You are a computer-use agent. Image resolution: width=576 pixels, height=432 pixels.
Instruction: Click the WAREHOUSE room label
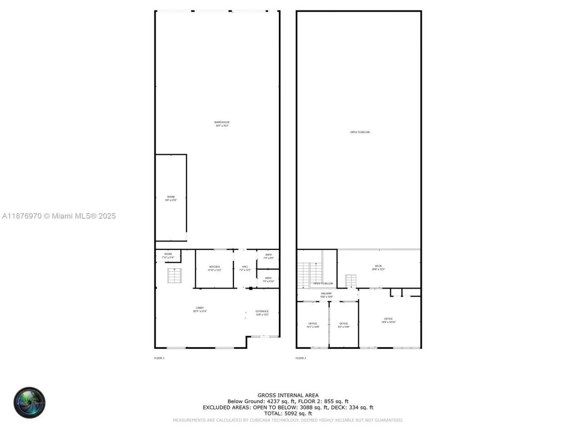(x=222, y=122)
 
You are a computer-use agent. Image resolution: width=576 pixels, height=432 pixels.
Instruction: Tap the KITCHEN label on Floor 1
(x=214, y=267)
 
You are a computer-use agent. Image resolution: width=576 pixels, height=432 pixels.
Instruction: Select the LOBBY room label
(x=199, y=308)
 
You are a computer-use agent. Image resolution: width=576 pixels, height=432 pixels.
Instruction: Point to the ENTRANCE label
(x=262, y=311)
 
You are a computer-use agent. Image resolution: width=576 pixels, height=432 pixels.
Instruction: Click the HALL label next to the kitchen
(x=245, y=267)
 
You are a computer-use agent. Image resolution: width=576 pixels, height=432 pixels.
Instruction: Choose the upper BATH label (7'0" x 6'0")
(x=268, y=255)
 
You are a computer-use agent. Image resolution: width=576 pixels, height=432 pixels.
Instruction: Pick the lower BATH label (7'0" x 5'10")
(x=268, y=278)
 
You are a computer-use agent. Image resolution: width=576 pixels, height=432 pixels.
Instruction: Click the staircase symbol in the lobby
(x=174, y=275)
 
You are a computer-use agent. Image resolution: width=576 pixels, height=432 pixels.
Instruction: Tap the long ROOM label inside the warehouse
(x=171, y=197)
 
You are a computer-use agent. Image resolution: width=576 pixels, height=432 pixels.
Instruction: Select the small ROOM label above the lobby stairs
(x=168, y=254)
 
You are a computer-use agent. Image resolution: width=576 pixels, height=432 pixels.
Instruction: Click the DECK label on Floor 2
(x=378, y=266)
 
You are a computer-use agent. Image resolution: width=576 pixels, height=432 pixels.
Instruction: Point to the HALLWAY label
(x=326, y=293)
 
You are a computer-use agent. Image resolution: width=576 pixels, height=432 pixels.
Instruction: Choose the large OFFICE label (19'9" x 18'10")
(x=388, y=319)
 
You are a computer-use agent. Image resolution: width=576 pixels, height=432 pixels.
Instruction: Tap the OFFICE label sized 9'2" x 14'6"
(x=343, y=324)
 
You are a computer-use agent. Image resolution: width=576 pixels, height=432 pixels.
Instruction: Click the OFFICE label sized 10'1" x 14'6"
(x=313, y=324)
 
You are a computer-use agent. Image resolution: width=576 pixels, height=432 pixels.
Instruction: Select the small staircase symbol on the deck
(x=351, y=281)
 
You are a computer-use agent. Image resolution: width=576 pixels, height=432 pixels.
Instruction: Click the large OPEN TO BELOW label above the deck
(x=360, y=132)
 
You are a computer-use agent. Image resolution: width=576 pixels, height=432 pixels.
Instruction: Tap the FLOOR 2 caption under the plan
(x=301, y=358)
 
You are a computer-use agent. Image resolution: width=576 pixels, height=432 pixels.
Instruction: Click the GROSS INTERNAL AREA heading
(x=288, y=396)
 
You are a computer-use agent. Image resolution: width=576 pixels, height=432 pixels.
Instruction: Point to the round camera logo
(x=29, y=402)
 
